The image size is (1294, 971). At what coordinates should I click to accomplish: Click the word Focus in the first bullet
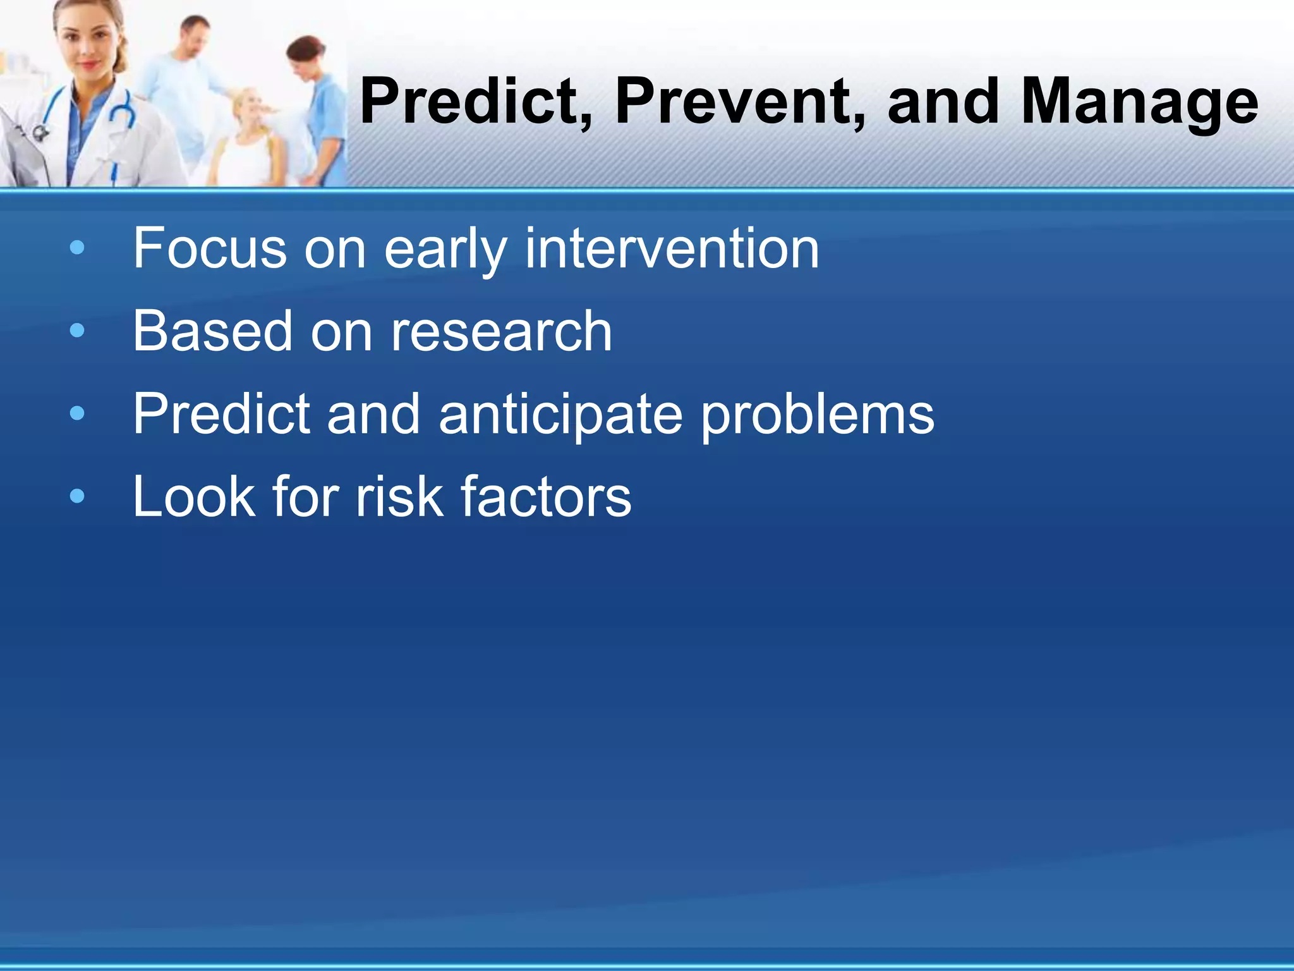209,248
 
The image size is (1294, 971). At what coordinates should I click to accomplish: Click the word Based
212,331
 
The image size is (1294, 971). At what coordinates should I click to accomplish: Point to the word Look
193,497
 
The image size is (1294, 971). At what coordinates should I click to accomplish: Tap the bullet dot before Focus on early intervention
77,248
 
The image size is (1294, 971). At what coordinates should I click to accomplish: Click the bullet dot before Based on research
77,331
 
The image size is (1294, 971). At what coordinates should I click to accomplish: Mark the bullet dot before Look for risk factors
77,497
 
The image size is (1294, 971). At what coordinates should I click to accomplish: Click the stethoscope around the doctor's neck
120,111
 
